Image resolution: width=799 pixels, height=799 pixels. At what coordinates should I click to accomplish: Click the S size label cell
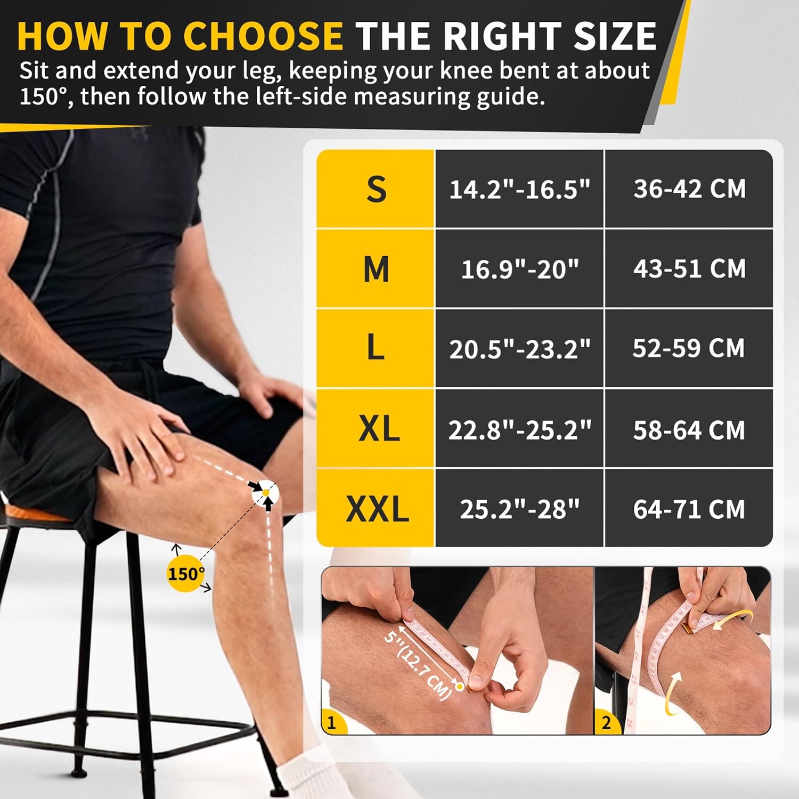[x=376, y=189]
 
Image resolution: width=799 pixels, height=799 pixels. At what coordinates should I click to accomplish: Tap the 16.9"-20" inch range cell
[x=519, y=268]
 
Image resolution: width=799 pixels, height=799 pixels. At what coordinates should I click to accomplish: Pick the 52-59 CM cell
[x=689, y=348]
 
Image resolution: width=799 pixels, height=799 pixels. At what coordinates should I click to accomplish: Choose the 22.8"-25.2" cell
[x=519, y=429]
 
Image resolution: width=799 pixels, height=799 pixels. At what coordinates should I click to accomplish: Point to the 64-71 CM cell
[x=689, y=508]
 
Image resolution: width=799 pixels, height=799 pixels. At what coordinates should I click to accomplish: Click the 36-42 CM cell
[x=689, y=189]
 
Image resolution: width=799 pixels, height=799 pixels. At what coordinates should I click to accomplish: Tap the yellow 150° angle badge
[x=185, y=574]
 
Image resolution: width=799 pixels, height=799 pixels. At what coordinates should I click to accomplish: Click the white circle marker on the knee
[x=265, y=493]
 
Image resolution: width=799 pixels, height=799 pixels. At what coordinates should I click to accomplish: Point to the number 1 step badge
[x=333, y=722]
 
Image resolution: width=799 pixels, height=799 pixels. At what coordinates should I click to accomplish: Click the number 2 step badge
[x=607, y=722]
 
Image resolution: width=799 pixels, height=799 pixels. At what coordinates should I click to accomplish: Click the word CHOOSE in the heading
[x=263, y=36]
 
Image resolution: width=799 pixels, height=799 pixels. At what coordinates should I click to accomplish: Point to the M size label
[x=376, y=268]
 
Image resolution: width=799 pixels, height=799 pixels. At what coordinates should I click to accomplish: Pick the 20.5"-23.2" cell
[x=519, y=348]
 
